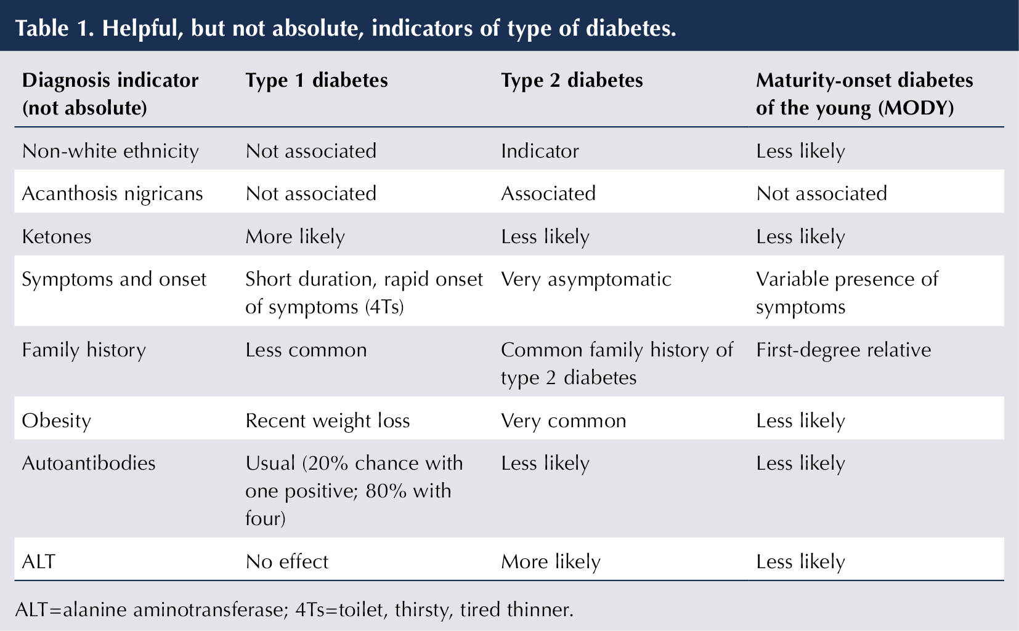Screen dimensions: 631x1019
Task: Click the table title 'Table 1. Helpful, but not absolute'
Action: tap(345, 28)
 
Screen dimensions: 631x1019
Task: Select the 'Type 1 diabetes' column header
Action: tap(317, 81)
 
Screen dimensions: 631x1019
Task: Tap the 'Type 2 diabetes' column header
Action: tap(572, 81)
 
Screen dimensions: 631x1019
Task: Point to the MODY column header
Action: tap(864, 94)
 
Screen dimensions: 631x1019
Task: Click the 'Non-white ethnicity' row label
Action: tap(110, 151)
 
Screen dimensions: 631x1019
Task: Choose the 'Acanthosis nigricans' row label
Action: tap(112, 194)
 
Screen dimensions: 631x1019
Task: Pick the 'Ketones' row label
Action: tap(57, 237)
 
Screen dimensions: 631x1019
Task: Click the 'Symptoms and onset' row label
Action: tap(114, 279)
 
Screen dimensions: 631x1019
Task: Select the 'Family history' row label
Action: tap(84, 350)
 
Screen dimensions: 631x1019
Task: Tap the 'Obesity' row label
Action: tap(57, 421)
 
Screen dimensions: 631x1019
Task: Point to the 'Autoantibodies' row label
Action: tap(89, 463)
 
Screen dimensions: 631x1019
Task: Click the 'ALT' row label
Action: tap(38, 561)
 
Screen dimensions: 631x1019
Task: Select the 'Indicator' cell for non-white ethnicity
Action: tap(540, 151)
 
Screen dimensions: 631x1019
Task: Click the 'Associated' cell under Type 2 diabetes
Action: tap(548, 194)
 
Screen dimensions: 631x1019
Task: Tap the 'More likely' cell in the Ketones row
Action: tap(295, 237)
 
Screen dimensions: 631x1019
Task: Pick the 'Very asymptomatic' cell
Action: tap(586, 279)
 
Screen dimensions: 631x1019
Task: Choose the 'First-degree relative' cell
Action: tap(843, 350)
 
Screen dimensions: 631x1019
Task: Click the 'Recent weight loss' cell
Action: tap(327, 421)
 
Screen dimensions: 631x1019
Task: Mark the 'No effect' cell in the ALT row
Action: tap(287, 561)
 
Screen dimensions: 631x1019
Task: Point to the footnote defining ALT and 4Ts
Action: tap(294, 610)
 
